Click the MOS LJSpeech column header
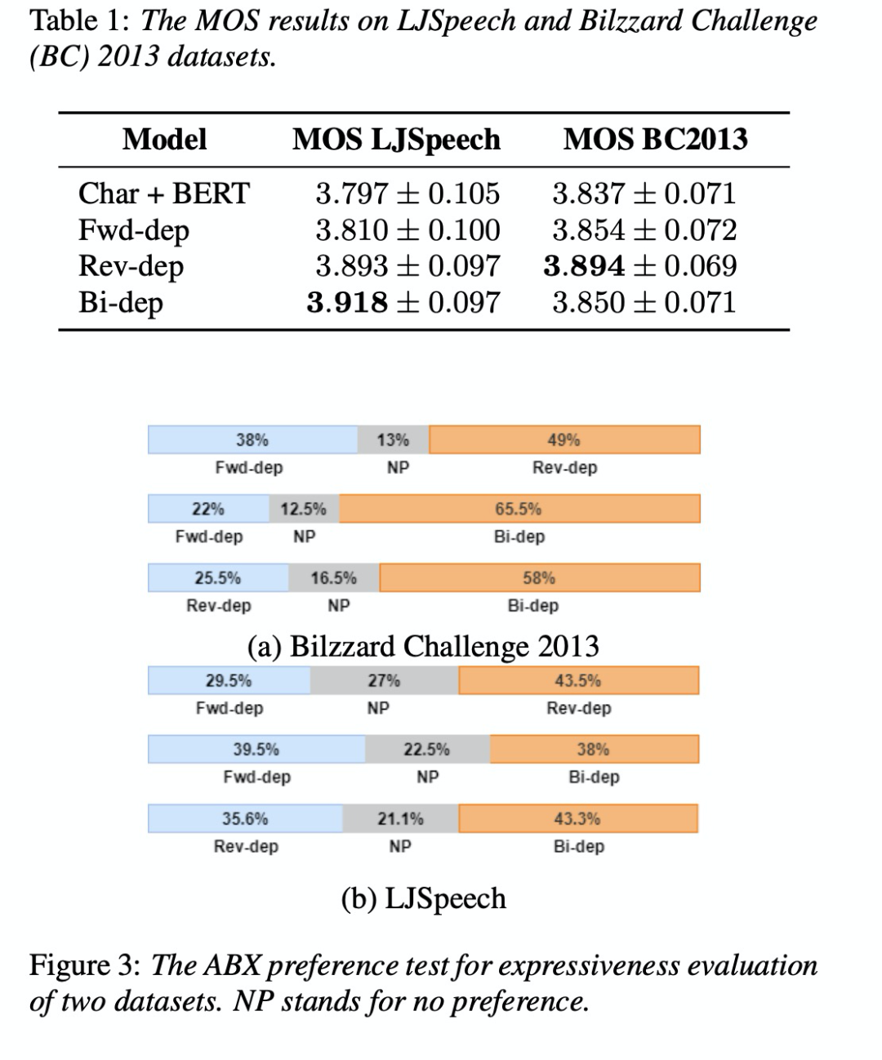coord(396,140)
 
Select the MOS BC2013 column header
coord(655,140)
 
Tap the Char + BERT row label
coord(163,194)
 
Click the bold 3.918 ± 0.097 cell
coord(403,302)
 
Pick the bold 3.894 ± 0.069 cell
coord(640,266)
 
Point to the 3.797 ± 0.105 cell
coord(408,194)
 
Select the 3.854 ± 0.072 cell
coord(644,230)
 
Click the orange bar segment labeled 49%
coord(564,439)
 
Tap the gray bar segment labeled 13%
coord(393,439)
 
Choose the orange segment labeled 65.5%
coord(519,509)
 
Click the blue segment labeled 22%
coord(208,509)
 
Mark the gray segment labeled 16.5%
coord(333,578)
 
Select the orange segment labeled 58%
coord(539,578)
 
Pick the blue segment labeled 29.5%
coord(229,680)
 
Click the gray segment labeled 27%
coord(384,680)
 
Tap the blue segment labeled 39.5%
coord(256,749)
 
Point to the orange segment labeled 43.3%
coord(577,818)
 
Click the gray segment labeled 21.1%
coord(400,818)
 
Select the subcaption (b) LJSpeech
coord(423,898)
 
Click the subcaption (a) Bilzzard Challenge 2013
coord(423,646)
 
